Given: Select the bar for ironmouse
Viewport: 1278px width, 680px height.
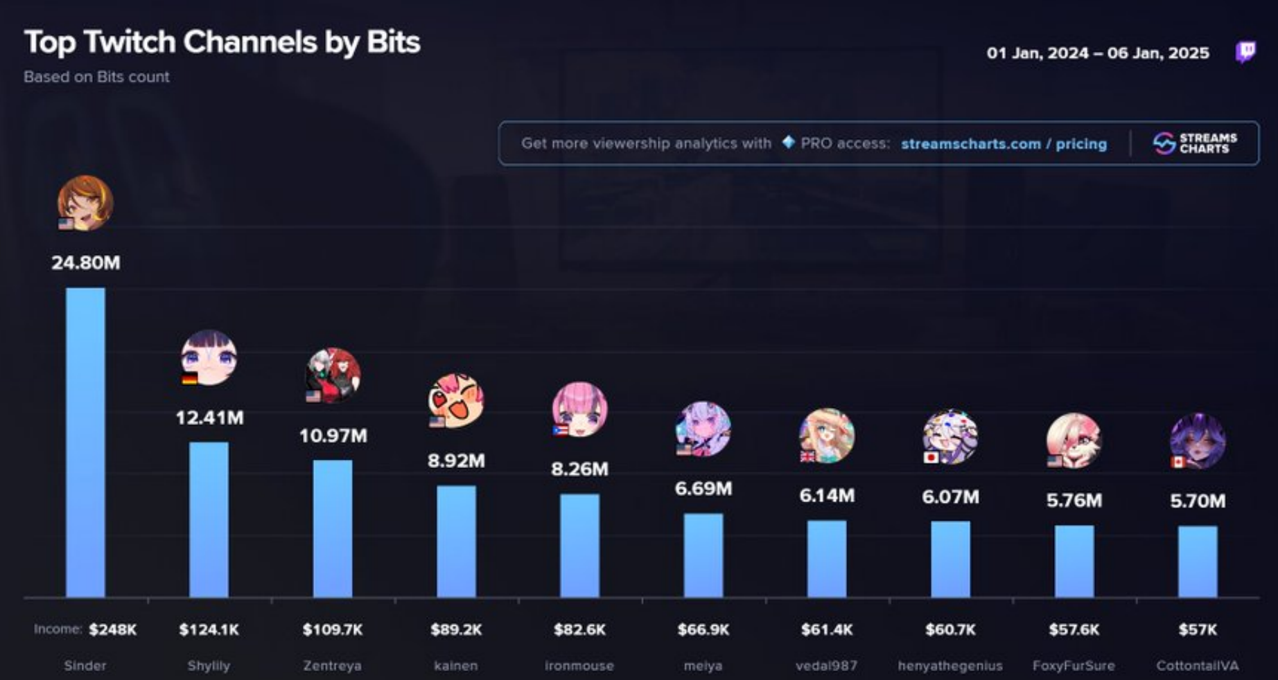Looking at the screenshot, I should [x=579, y=545].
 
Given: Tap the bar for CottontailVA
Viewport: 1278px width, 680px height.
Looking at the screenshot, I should [x=1198, y=561].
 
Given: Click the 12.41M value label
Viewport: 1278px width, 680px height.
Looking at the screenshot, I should [x=209, y=418].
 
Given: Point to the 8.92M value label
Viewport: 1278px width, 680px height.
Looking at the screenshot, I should [x=456, y=460].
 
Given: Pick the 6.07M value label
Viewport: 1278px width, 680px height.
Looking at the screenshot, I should [x=950, y=496].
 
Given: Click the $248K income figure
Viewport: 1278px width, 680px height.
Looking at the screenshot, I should [x=113, y=629].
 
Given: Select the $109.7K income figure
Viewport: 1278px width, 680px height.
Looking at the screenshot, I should [x=332, y=629].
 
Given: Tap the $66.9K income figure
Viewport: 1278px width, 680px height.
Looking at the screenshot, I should [x=703, y=629].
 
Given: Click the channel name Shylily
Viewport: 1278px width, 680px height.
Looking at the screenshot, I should [x=209, y=665].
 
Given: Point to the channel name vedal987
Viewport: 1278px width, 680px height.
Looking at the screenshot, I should [x=826, y=665].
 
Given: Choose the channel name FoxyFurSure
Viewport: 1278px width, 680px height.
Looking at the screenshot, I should [x=1074, y=665].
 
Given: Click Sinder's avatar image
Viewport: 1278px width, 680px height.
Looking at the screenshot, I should [x=85, y=202].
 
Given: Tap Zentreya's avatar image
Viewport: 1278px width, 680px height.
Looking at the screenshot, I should [x=333, y=375].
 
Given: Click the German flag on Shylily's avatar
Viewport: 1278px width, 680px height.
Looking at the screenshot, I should [x=189, y=378].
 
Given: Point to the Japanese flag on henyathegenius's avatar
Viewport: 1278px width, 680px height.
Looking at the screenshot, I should [x=931, y=457].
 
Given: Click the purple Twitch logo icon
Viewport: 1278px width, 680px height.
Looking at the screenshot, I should [x=1245, y=52].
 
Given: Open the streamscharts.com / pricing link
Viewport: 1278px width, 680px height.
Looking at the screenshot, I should [x=1004, y=144].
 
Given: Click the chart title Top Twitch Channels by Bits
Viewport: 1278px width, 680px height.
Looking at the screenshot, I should [x=222, y=42].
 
